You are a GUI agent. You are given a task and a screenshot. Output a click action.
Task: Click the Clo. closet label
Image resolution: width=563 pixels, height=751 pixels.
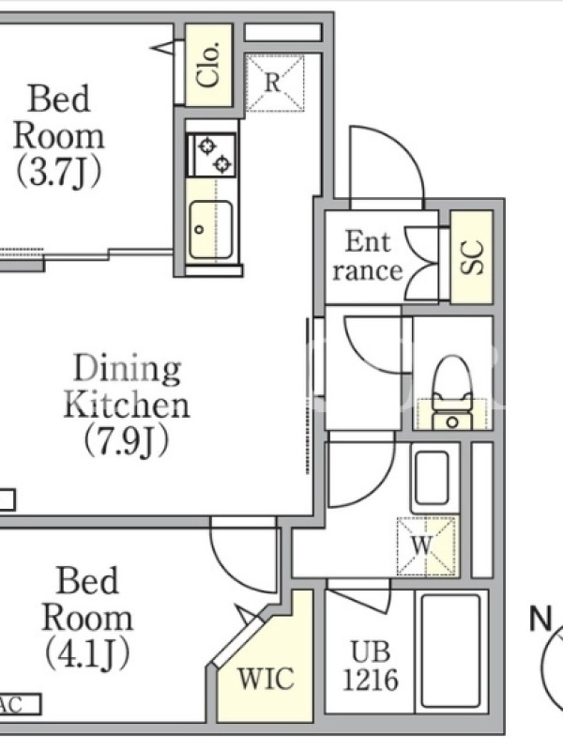pyautogui.click(x=208, y=64)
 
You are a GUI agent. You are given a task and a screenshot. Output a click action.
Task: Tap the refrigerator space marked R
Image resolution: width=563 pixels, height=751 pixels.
pyautogui.click(x=274, y=83)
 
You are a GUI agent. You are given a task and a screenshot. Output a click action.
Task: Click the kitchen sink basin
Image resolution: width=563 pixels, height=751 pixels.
pyautogui.click(x=211, y=230)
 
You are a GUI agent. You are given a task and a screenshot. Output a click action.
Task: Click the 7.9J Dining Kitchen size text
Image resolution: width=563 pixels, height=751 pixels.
pyautogui.click(x=128, y=440)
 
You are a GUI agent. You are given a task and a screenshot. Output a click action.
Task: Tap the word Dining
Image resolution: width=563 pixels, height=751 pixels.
pyautogui.click(x=128, y=369)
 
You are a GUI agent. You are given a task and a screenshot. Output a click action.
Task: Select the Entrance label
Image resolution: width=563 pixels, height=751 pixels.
pyautogui.click(x=368, y=255)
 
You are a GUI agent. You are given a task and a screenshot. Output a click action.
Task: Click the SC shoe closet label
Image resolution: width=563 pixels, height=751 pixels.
pyautogui.click(x=472, y=257)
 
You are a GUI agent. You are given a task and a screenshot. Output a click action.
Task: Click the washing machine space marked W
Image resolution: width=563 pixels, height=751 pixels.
pyautogui.click(x=426, y=545)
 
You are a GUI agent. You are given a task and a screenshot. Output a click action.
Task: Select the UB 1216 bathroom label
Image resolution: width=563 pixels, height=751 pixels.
pyautogui.click(x=371, y=666)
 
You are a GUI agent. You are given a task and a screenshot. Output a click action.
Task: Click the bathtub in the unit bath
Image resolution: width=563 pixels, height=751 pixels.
pyautogui.click(x=450, y=651)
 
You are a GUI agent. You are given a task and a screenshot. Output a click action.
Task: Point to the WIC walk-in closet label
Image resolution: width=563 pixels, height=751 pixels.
pyautogui.click(x=266, y=679)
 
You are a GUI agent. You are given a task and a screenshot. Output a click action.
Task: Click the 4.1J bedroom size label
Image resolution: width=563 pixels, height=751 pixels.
pyautogui.click(x=87, y=654)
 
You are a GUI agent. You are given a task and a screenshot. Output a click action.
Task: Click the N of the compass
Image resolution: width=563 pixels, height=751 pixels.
pyautogui.click(x=541, y=619)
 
